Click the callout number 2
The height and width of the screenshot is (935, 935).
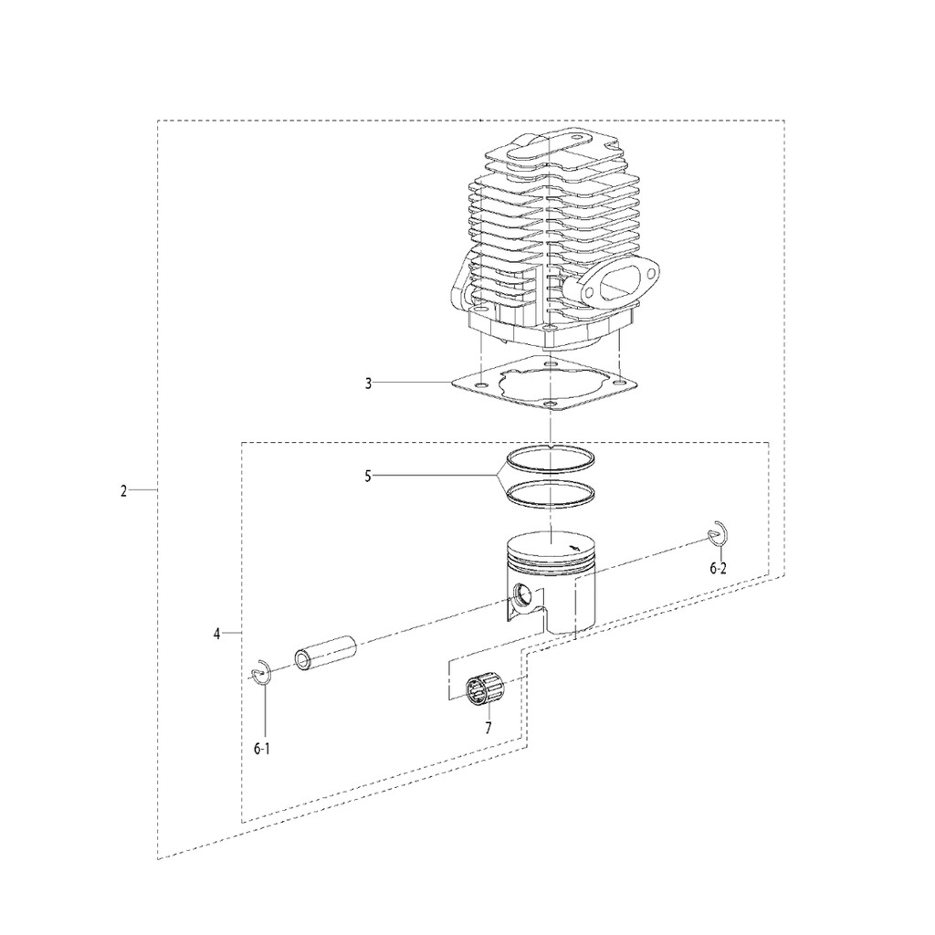point(123,491)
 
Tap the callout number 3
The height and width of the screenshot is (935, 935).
point(369,383)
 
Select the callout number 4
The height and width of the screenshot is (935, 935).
point(217,634)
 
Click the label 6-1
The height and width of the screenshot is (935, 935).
point(262,749)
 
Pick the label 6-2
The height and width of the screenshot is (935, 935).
point(718,568)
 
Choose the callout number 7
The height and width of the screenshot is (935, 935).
point(489,728)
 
